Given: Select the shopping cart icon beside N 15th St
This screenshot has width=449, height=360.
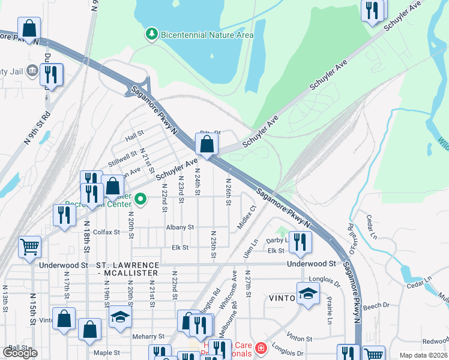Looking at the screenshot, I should (x=29, y=247).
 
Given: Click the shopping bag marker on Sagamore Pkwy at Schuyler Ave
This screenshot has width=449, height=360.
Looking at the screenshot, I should (x=206, y=145).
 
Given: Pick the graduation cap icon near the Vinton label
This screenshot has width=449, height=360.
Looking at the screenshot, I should (x=308, y=295).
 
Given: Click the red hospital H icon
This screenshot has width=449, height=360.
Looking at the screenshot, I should (x=261, y=348).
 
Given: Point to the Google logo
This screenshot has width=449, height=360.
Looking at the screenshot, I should (x=20, y=353).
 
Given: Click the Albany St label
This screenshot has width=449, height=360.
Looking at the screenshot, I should (x=180, y=227).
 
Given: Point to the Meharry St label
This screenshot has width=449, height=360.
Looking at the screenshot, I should (x=149, y=337).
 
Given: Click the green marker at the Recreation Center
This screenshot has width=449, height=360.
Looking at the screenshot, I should (x=140, y=199).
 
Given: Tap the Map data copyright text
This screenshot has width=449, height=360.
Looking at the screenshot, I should (x=423, y=355).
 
